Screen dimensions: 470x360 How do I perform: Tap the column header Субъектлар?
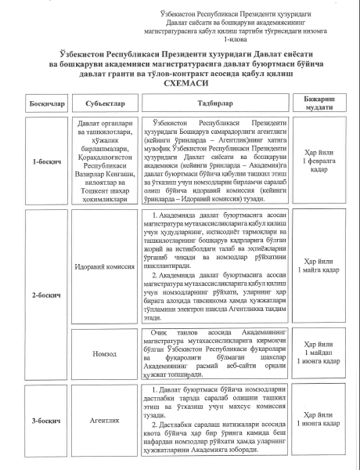(101, 103)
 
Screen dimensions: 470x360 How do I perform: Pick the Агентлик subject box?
(102, 421)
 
